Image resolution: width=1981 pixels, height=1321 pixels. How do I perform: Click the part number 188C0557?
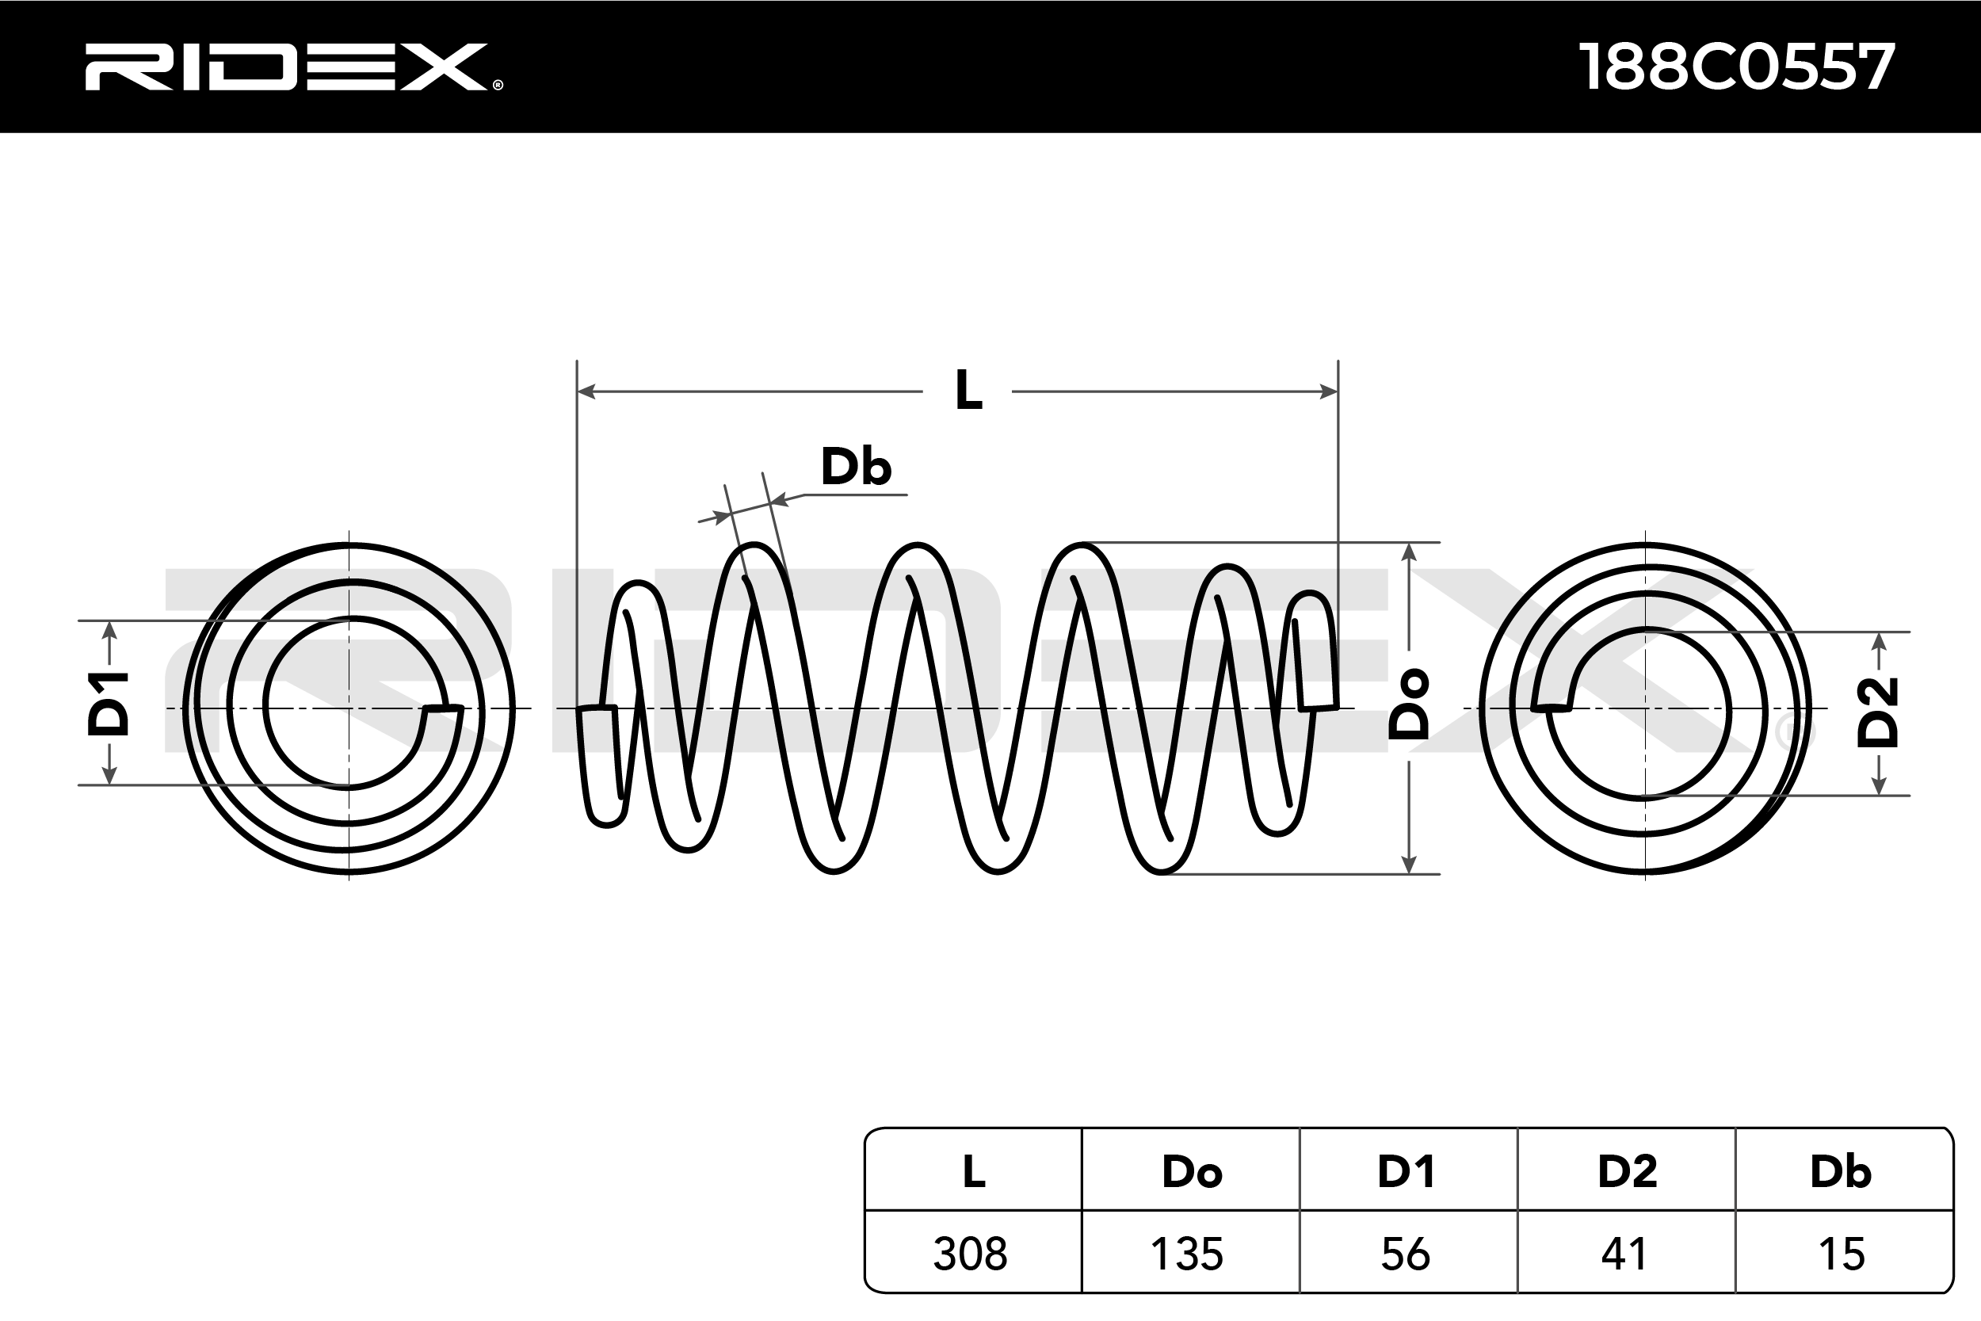coord(1736,67)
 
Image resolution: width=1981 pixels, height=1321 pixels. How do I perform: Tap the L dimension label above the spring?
coord(968,391)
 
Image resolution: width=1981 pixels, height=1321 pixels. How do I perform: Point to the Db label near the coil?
coord(856,468)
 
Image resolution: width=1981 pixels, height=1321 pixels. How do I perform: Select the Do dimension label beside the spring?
coord(1408,704)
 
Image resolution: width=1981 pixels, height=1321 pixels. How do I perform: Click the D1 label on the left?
coord(109,704)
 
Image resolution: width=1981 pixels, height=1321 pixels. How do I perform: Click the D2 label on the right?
coord(1878,712)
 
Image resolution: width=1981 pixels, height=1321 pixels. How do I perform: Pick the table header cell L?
coord(974,1172)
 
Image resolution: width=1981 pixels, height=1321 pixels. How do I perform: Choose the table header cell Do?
coord(1191,1172)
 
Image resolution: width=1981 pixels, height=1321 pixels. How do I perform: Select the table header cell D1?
coord(1407,1172)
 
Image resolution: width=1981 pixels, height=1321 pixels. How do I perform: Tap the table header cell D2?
coord(1628,1172)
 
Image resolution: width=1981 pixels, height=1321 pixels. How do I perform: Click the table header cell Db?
coord(1842,1172)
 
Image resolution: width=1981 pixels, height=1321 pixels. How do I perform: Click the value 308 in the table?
coord(970,1254)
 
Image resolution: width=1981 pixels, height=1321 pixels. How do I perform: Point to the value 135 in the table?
coord(1187,1254)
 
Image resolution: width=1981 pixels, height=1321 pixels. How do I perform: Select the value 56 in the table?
coord(1406,1254)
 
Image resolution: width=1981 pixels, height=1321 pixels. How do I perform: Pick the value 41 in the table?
coord(1624,1254)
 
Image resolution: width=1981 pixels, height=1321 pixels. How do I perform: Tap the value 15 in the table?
coord(1842,1254)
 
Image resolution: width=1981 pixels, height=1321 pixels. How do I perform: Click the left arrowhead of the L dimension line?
coord(586,391)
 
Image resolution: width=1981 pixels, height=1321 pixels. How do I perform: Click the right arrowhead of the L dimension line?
coord(1329,391)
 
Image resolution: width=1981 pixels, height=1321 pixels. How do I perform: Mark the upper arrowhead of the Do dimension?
coord(1408,552)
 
